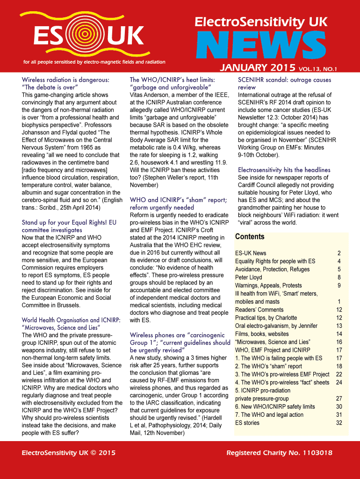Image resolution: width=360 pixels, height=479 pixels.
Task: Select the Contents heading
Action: click(250, 237)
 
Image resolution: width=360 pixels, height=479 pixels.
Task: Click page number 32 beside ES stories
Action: click(339, 423)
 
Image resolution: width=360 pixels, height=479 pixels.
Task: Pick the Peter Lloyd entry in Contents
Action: click(248, 277)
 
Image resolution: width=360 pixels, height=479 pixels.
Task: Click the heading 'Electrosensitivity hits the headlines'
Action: click(284, 170)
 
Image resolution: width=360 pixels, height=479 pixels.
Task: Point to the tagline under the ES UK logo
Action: click(94, 62)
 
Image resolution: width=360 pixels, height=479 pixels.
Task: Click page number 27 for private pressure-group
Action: click(339, 399)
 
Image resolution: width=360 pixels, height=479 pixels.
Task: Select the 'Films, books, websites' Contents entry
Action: click(262, 334)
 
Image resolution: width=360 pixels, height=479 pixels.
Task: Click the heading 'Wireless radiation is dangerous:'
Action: click(65, 80)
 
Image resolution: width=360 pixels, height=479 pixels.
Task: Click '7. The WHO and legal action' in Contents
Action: click(269, 414)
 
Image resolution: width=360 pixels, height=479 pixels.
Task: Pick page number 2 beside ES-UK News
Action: click(339, 253)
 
